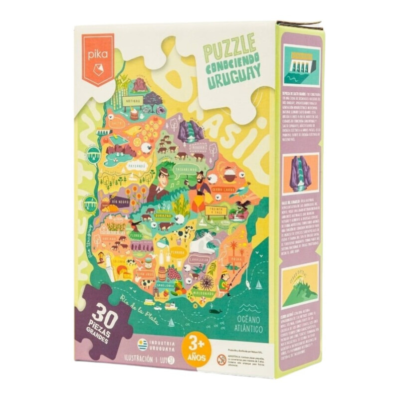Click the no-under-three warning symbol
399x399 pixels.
pyautogui.click(x=221, y=357)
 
